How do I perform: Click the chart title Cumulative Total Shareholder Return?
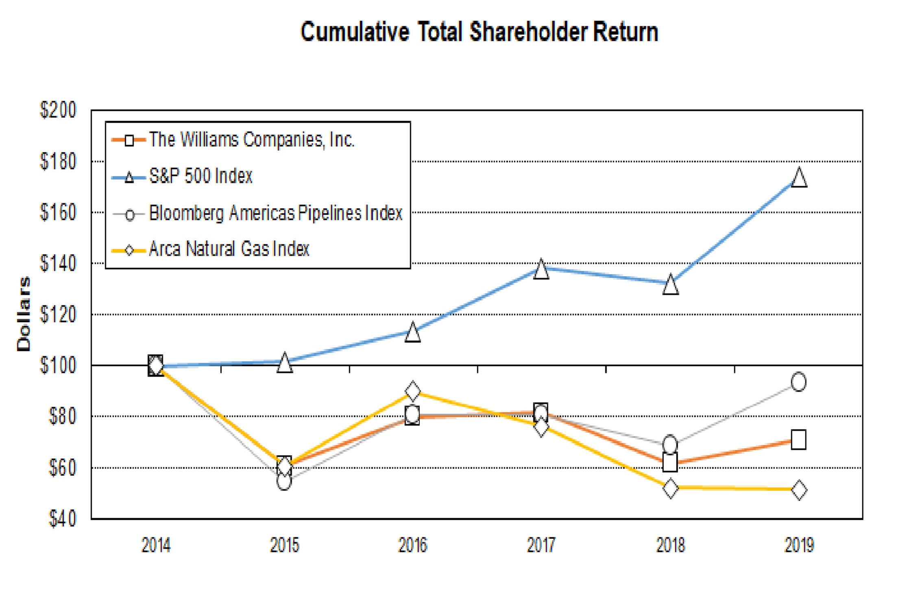(x=479, y=32)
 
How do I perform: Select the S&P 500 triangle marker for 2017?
(x=541, y=269)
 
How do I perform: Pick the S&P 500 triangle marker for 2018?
(x=670, y=285)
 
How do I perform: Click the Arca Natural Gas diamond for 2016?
(x=413, y=391)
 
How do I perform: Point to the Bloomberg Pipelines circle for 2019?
(x=799, y=382)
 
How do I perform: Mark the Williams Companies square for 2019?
(x=798, y=440)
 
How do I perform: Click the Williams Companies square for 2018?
(x=670, y=462)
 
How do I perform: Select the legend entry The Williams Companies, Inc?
(x=251, y=140)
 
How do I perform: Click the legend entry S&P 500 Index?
(x=200, y=176)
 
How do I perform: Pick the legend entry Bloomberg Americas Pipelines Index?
(x=275, y=213)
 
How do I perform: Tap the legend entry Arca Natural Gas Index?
(x=229, y=249)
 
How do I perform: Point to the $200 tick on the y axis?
(x=58, y=110)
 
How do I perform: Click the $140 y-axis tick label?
(x=58, y=263)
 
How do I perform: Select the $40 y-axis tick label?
(x=62, y=519)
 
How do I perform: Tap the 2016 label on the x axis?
(x=413, y=545)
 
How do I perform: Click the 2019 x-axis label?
(x=799, y=545)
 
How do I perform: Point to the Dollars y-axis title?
(x=23, y=314)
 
